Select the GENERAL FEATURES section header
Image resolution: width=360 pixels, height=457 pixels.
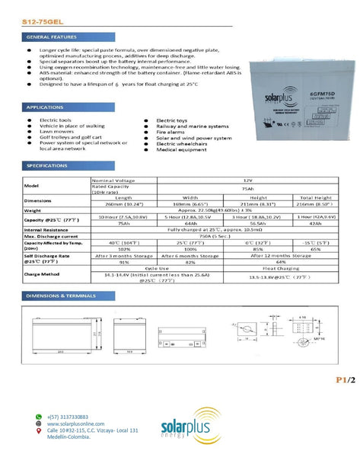click(x=51, y=37)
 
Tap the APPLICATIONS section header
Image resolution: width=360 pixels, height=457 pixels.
click(x=46, y=107)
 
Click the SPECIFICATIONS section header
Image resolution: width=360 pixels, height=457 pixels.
click(x=48, y=165)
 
